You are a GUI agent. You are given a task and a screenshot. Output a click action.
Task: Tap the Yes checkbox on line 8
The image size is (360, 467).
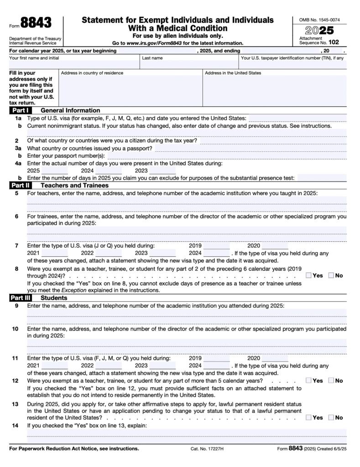tap(309, 275)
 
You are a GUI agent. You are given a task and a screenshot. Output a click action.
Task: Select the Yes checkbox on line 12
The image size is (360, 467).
tap(309, 380)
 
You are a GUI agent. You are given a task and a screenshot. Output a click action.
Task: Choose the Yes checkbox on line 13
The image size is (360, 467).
tap(309, 417)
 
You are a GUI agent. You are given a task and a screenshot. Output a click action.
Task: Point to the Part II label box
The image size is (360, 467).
tap(20, 186)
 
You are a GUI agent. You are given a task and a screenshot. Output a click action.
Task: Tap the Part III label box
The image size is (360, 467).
tap(21, 298)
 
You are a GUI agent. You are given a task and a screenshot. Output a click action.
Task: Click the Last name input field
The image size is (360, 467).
tap(188, 65)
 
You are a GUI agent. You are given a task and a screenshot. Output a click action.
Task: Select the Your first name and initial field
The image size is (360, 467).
tap(73, 65)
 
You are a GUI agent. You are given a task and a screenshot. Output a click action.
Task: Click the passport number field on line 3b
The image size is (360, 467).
tap(228, 156)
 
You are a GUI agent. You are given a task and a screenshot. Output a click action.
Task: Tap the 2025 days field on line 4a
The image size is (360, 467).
tap(54, 171)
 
